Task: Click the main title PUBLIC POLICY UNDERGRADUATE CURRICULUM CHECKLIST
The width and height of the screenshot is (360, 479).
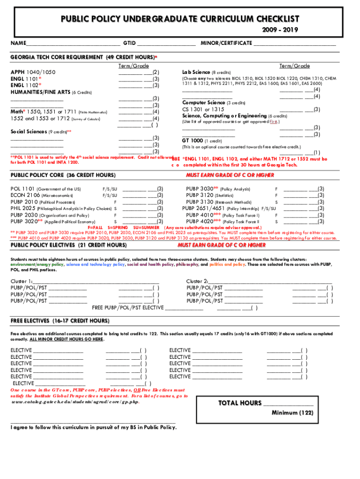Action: point(180,19)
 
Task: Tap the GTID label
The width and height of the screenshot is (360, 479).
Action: point(130,43)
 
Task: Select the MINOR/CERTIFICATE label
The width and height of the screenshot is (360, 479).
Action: point(226,43)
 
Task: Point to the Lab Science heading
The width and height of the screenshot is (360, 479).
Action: point(196,73)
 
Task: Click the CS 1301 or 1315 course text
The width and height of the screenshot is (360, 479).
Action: point(203,109)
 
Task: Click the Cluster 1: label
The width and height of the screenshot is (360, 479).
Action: point(22,281)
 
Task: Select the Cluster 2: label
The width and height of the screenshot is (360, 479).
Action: point(197,281)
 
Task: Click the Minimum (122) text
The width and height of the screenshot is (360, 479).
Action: point(292,413)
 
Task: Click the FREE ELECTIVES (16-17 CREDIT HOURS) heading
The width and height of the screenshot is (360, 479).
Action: point(60,321)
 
